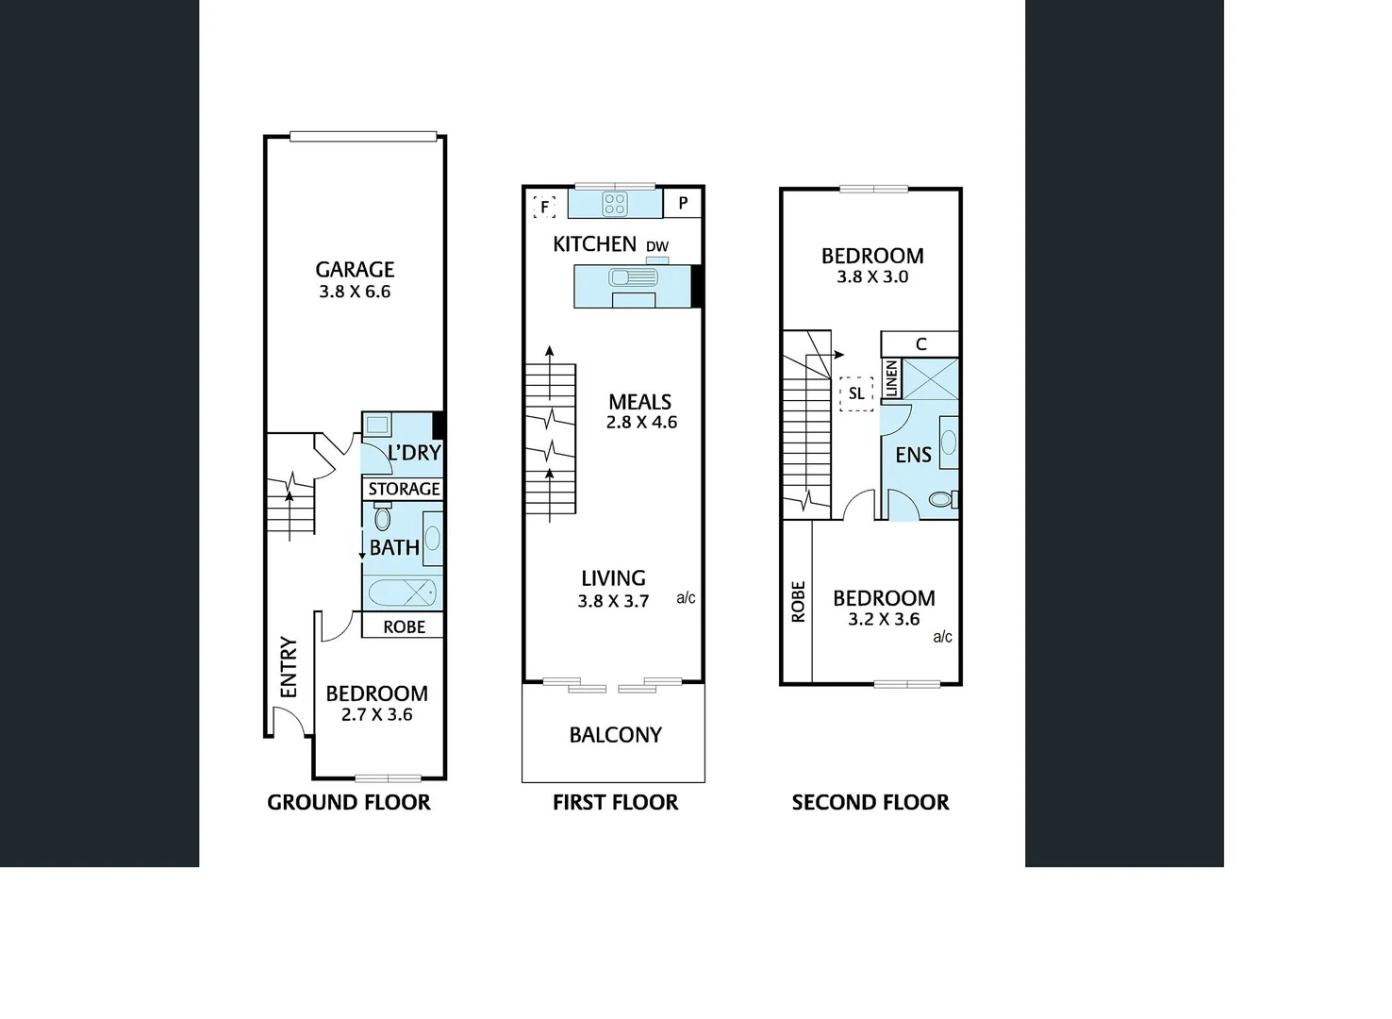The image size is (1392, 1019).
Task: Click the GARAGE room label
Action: pos(355,269)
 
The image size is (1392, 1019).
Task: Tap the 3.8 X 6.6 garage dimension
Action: pos(355,292)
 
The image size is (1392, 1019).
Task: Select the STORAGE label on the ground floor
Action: pos(404,489)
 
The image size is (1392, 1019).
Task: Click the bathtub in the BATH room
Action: pos(402,593)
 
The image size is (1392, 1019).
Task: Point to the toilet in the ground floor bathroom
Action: pos(383,517)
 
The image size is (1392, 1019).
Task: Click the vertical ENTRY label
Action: pos(289,667)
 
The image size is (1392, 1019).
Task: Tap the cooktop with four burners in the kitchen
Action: pos(615,203)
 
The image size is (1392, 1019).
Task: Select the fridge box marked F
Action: pos(544,207)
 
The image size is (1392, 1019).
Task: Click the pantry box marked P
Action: pos(683,203)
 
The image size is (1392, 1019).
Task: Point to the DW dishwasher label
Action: pos(657,246)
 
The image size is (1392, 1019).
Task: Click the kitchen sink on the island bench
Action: pos(633,277)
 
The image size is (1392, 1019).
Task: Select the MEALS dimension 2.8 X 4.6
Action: pos(641,422)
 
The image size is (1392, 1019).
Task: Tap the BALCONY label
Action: pos(615,735)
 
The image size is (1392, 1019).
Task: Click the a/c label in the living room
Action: pos(686,597)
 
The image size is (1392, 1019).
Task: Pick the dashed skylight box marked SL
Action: pos(856,393)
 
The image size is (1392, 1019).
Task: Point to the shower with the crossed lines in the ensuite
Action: pos(930,378)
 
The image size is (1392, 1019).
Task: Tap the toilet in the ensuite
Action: pos(943,499)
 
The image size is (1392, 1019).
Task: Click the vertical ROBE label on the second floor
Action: pos(798,602)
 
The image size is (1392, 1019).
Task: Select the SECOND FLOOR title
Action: pos(870,802)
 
